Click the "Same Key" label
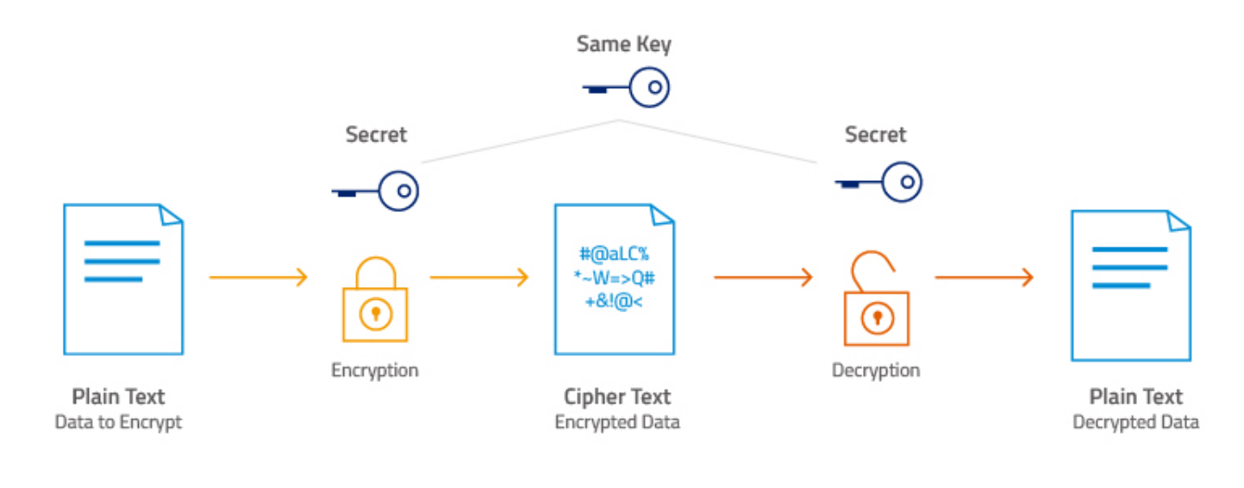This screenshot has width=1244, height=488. pos(623,45)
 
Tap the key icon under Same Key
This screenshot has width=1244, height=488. pos(626,88)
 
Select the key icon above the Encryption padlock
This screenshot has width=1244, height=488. pos(375,191)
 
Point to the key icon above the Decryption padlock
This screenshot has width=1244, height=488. pos(878,182)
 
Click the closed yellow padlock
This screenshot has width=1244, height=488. pos(375,299)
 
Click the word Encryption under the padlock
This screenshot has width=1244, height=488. pos(375,370)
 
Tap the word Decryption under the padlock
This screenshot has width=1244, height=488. pos(876,370)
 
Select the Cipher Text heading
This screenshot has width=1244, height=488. pos(617,397)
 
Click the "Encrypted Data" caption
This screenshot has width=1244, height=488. pos(617,422)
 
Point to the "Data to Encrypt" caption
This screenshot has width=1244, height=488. pos(118,422)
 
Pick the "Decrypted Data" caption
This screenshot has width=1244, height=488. pos(1135,422)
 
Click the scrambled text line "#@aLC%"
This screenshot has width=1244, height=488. pos(614,254)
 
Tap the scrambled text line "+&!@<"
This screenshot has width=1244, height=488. pos(614,302)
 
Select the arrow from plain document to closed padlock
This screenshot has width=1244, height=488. pos(259,277)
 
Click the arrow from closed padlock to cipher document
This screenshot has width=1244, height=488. pos(479,277)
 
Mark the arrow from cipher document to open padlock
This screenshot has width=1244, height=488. pos(764,277)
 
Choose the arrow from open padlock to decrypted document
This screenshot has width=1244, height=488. pos(985,277)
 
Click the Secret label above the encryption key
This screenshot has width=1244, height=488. pos(376,135)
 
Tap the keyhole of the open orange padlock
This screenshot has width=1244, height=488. pos(878,317)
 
